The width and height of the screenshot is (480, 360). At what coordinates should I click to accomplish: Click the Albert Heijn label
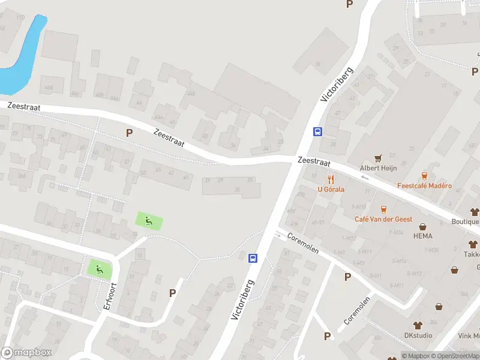378,169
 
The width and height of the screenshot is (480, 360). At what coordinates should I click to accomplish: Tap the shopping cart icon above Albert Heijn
378,158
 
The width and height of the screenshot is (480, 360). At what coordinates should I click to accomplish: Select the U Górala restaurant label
331,190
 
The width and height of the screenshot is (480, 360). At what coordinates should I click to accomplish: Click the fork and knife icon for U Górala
331,179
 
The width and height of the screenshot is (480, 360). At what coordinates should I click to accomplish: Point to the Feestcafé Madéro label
424,186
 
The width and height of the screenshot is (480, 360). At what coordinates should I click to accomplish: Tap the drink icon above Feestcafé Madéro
424,176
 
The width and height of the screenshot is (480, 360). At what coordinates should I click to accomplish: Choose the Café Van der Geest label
383,220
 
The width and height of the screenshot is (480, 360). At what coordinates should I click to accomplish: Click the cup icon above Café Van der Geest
383,209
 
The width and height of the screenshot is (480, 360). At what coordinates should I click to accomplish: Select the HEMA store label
424,236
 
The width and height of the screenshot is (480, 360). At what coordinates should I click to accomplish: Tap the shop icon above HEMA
424,227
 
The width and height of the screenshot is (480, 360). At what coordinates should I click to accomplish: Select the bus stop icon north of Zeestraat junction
317,132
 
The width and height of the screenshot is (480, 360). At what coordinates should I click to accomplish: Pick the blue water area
24,54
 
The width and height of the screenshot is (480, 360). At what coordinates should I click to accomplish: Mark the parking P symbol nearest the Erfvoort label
173,293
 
